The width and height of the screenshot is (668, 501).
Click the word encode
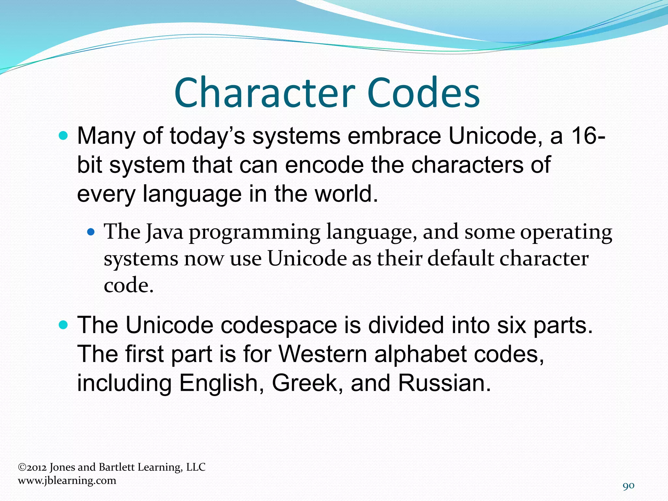pyautogui.click(x=324, y=165)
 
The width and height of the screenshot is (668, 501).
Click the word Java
pyautogui.click(x=164, y=232)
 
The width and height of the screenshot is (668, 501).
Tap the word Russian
pyautogui.click(x=444, y=383)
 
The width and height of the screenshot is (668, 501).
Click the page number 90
pyautogui.click(x=629, y=486)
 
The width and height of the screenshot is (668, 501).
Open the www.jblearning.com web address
pyautogui.click(x=67, y=480)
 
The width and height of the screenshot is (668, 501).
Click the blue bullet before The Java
pyautogui.click(x=91, y=233)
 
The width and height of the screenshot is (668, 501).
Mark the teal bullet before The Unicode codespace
pyautogui.click(x=64, y=325)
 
